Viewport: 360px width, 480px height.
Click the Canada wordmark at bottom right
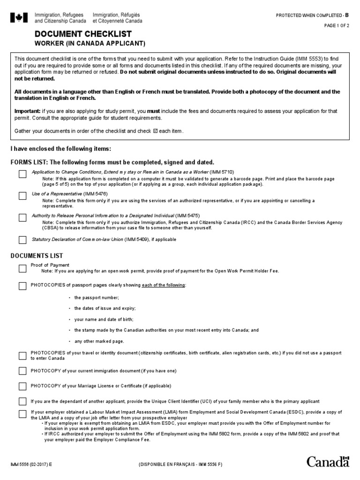click(328, 462)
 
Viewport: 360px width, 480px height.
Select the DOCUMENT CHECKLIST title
click(83, 34)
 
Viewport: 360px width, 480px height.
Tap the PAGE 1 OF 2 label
click(337, 26)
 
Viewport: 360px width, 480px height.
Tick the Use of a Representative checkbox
click(22, 196)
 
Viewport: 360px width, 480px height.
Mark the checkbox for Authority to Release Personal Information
click(22, 218)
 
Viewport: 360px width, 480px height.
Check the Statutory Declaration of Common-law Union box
click(22, 240)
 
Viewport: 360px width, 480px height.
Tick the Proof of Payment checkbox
click(22, 269)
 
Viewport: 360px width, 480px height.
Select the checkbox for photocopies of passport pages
click(22, 285)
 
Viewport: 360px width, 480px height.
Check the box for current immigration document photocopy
click(22, 371)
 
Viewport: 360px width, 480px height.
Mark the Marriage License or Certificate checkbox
click(22, 386)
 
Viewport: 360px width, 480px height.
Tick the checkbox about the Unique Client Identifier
click(22, 402)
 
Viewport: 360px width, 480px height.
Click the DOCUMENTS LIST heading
click(37, 255)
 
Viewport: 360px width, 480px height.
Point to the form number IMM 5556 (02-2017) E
click(31, 465)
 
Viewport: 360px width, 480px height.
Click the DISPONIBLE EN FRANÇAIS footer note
click(180, 465)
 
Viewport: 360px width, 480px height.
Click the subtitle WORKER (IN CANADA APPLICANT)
click(90, 44)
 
